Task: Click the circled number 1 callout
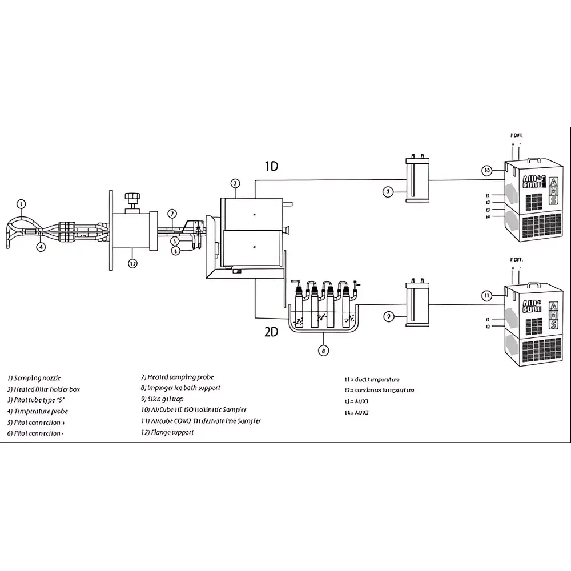click(x=21, y=203)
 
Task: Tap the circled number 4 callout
click(x=41, y=247)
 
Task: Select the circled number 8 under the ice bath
click(x=324, y=351)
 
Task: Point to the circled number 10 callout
click(x=486, y=170)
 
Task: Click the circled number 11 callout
click(x=486, y=295)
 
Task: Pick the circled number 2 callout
click(x=235, y=183)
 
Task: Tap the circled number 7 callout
click(x=172, y=214)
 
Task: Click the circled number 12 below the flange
click(x=132, y=263)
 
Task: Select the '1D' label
click(x=271, y=166)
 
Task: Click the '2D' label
click(x=271, y=332)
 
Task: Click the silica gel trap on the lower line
click(x=417, y=304)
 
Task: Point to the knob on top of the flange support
click(x=134, y=200)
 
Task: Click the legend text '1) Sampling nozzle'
click(x=34, y=378)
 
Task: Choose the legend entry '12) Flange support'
click(x=167, y=432)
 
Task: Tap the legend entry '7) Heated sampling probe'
click(x=178, y=377)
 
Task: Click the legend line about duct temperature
click(x=372, y=379)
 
